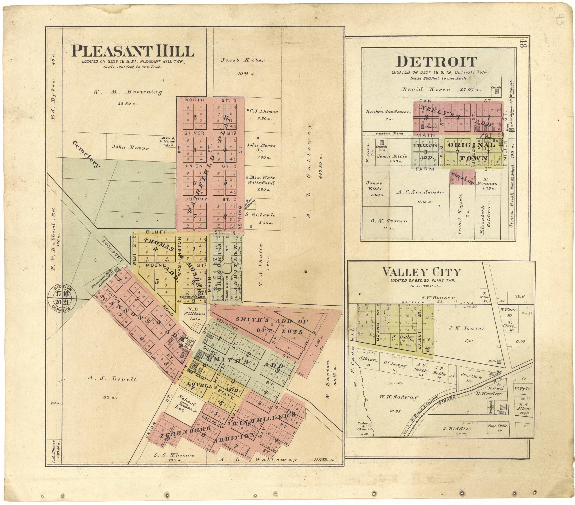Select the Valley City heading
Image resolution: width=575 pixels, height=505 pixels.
tap(421, 272)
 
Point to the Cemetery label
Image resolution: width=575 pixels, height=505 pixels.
tap(86, 154)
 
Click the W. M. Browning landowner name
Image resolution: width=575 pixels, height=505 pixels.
tap(127, 92)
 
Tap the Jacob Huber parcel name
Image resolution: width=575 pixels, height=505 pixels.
tap(243, 60)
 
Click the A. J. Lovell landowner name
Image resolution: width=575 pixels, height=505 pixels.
tap(111, 379)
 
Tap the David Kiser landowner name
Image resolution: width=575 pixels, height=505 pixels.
tap(426, 89)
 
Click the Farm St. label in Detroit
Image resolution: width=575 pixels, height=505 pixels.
tap(425, 169)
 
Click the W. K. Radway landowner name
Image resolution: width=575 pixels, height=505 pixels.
tap(398, 397)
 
